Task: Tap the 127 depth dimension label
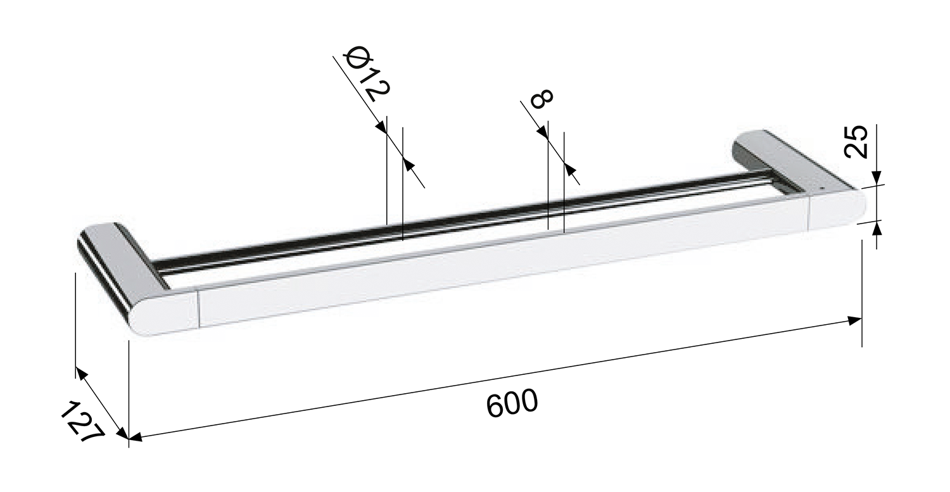(82, 422)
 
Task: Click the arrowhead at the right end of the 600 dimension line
(854, 320)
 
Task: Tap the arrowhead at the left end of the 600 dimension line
(136, 437)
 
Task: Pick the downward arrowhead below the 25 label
(877, 177)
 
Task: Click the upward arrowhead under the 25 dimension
(877, 229)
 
